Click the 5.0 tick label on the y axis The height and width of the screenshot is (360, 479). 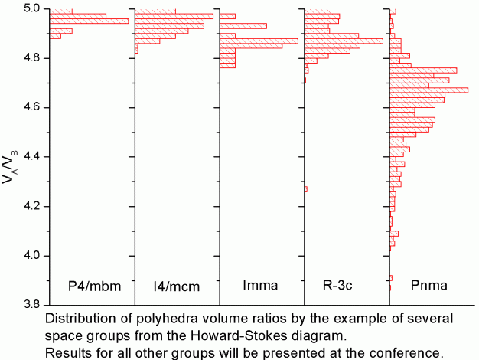pyautogui.click(x=32, y=9)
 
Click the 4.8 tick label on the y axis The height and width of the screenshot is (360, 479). pyautogui.click(x=32, y=58)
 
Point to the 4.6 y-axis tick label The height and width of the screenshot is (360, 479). pyautogui.click(x=32, y=107)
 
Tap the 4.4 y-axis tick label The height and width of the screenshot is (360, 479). pyautogui.click(x=32, y=157)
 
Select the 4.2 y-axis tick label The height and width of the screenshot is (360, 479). pyautogui.click(x=32, y=206)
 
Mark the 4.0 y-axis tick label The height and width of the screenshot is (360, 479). pyautogui.click(x=32, y=255)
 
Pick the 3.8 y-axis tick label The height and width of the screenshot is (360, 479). pyautogui.click(x=32, y=304)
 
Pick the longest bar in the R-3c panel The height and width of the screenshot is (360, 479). pyautogui.click(x=344, y=41)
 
